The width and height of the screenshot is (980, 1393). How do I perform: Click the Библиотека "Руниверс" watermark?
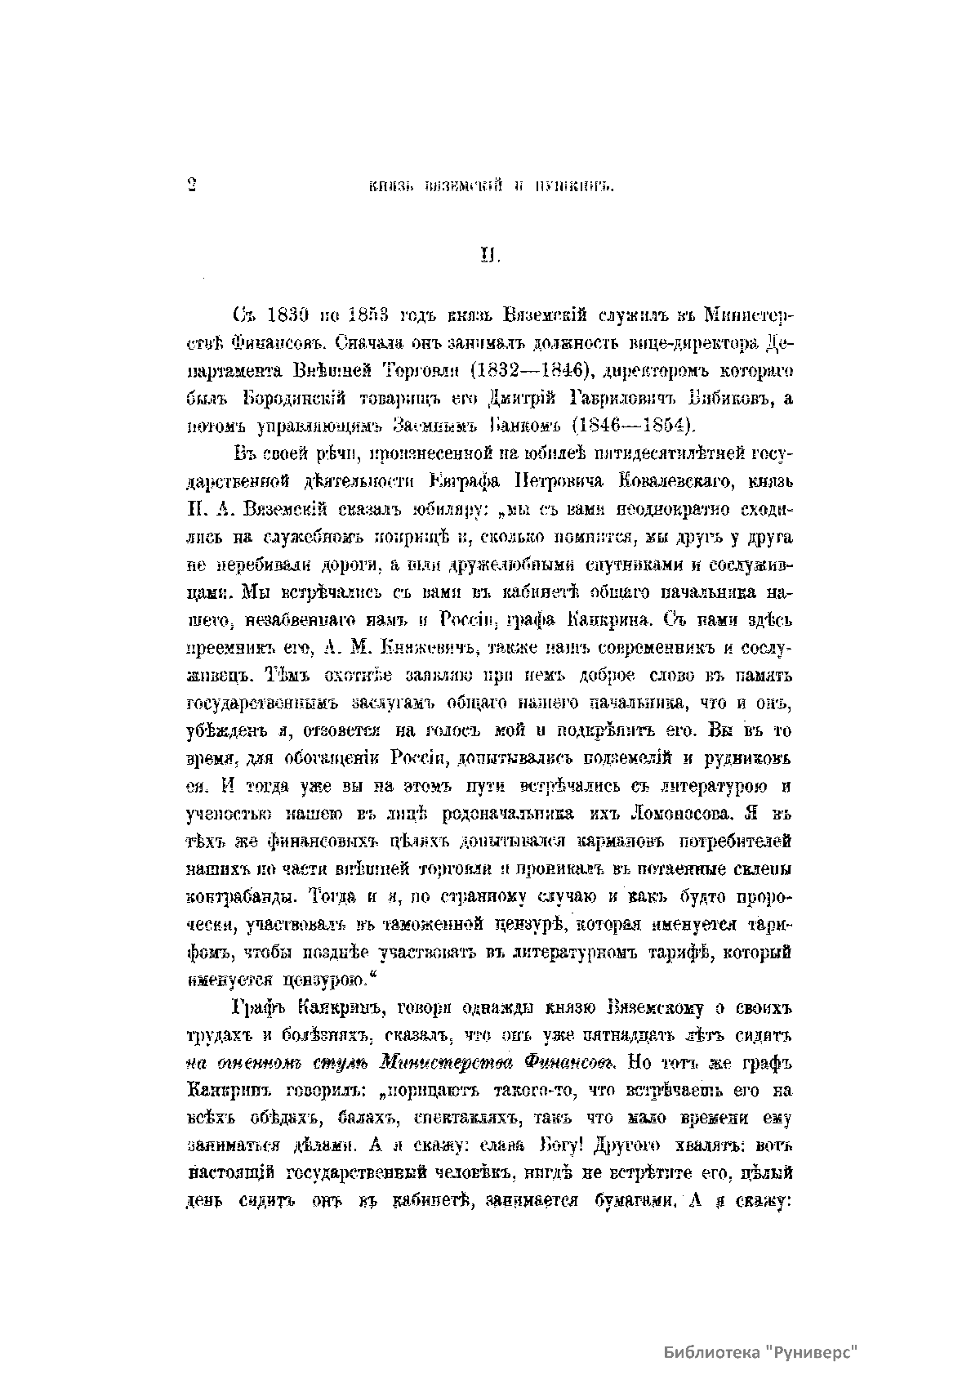point(759,1351)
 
